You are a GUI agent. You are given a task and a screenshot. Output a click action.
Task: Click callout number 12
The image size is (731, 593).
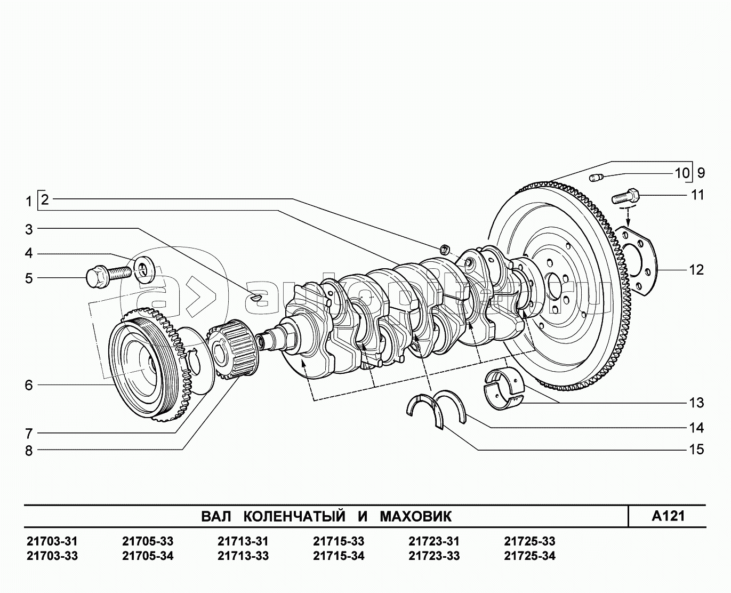tap(697, 270)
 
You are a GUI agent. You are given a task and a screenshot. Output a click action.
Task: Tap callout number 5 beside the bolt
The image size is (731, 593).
tap(29, 278)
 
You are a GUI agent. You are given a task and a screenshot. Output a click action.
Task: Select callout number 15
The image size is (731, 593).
tap(697, 450)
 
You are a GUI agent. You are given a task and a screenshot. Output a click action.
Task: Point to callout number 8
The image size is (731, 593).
tap(29, 451)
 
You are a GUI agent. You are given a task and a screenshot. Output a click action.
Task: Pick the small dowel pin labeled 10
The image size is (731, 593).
tap(596, 177)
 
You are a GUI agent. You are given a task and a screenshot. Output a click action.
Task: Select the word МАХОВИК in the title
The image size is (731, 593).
tap(415, 516)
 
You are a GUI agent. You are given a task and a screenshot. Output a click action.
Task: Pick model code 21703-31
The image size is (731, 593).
tap(52, 542)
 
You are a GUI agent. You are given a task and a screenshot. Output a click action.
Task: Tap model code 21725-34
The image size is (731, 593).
tap(529, 556)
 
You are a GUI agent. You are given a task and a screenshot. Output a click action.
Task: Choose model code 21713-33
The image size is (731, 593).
tap(243, 556)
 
